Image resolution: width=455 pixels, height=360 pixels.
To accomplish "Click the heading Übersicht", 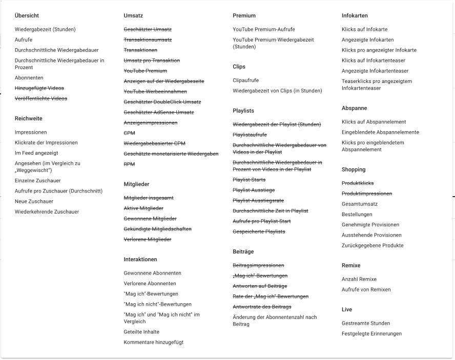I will point(27,16).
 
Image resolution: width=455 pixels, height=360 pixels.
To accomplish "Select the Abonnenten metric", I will point(29,78).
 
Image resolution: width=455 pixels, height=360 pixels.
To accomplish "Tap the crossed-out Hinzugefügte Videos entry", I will point(39,88).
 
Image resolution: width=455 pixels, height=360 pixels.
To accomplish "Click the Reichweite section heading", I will point(29,118).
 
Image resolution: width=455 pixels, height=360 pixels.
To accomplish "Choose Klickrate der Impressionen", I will point(46,142).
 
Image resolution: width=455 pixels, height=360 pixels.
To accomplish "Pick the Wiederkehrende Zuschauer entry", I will point(47,211).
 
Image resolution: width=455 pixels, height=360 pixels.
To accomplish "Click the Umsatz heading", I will point(133,16).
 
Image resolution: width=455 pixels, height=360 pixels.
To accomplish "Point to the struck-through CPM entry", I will point(129,133).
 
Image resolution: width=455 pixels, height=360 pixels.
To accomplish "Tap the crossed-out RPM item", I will point(129,164).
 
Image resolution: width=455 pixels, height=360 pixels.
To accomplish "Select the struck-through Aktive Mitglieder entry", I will point(143,208).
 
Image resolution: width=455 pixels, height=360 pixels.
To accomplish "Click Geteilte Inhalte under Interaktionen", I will point(141,332).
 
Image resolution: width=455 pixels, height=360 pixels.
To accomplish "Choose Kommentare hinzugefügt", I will point(153,342).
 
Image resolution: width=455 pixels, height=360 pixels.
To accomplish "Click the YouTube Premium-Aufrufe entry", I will point(264,29).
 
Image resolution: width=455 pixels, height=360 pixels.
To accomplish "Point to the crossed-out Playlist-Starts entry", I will point(249,180).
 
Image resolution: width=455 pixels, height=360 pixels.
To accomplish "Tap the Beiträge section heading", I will point(243,251).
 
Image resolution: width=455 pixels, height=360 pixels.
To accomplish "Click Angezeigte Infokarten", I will point(367,39).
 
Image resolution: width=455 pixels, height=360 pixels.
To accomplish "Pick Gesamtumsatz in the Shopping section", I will point(360,204).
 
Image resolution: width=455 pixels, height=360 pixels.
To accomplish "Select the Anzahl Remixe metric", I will point(359,279).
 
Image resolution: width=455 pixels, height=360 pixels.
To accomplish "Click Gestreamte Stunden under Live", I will point(366,323).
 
